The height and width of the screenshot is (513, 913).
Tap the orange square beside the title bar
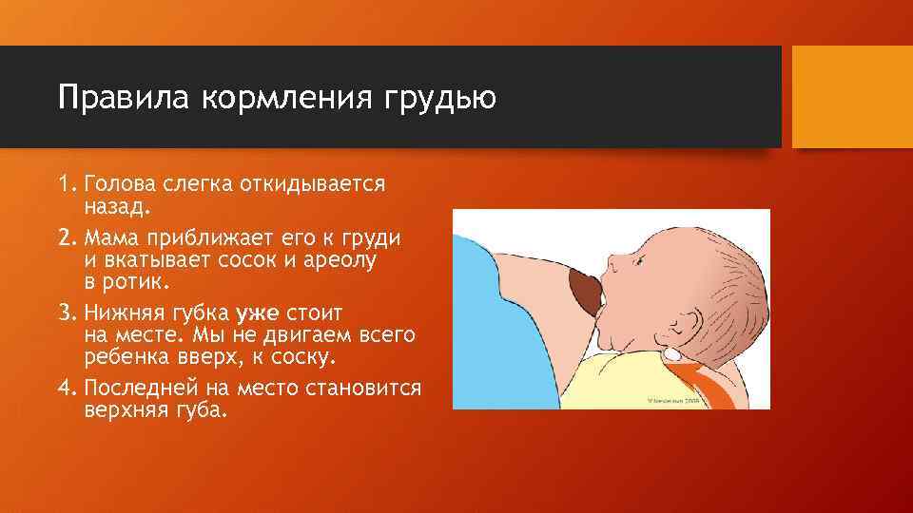click(852, 97)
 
